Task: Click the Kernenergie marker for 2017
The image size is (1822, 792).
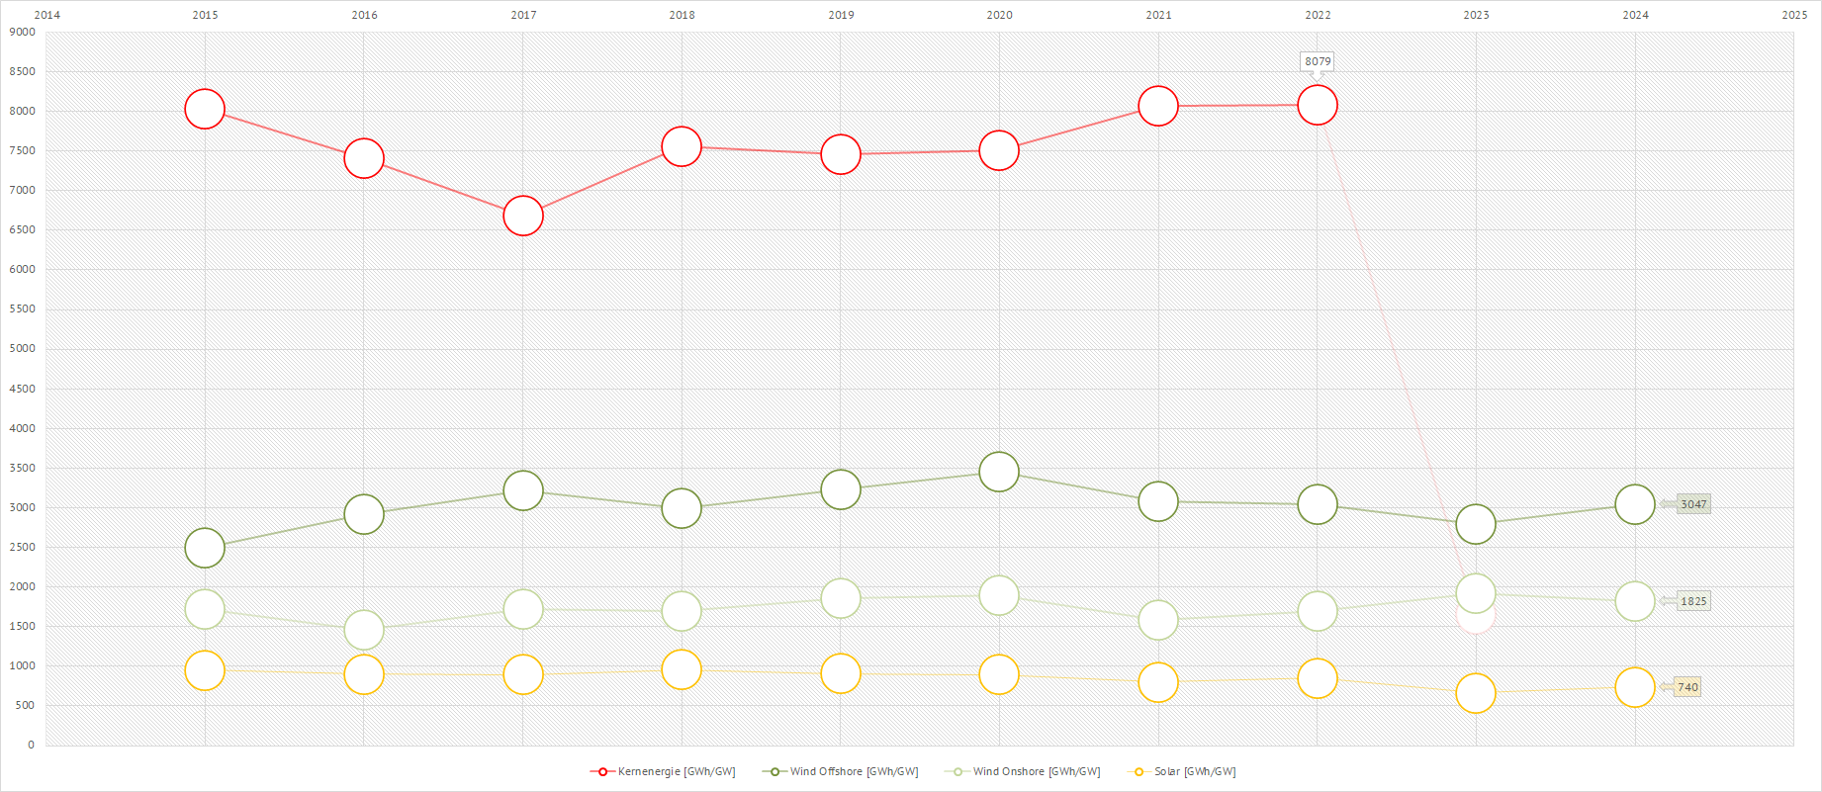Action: coord(523,216)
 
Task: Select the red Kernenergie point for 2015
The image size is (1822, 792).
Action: coord(205,109)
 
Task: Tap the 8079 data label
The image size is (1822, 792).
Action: coord(1318,61)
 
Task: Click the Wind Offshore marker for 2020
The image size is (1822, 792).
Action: coord(999,472)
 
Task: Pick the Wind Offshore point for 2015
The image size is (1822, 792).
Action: coord(205,548)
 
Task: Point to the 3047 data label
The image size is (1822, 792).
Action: coord(1693,504)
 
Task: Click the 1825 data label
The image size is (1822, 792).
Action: coord(1693,601)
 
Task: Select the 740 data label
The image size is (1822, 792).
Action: coord(1687,687)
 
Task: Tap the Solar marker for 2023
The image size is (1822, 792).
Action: coord(1476,693)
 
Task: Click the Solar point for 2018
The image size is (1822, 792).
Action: coord(682,669)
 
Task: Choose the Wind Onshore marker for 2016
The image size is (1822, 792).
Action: coord(364,630)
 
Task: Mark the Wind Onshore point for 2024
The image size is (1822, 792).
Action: coord(1635,601)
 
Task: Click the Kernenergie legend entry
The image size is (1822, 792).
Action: coord(664,771)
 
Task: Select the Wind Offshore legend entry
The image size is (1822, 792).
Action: coord(841,771)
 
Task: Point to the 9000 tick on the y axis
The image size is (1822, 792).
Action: coord(23,32)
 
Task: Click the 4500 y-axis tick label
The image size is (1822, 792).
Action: coord(23,389)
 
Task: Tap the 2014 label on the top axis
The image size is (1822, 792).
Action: coord(47,15)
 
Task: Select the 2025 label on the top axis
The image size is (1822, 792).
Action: coord(1794,15)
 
